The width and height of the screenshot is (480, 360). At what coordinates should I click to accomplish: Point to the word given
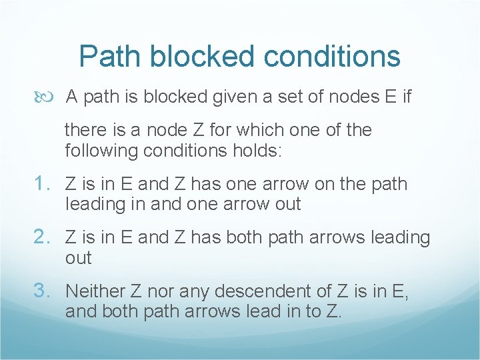[x=239, y=97]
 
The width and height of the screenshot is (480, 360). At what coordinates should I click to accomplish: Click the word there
[x=85, y=130]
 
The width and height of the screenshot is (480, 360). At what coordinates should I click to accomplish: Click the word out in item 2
[x=79, y=258]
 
